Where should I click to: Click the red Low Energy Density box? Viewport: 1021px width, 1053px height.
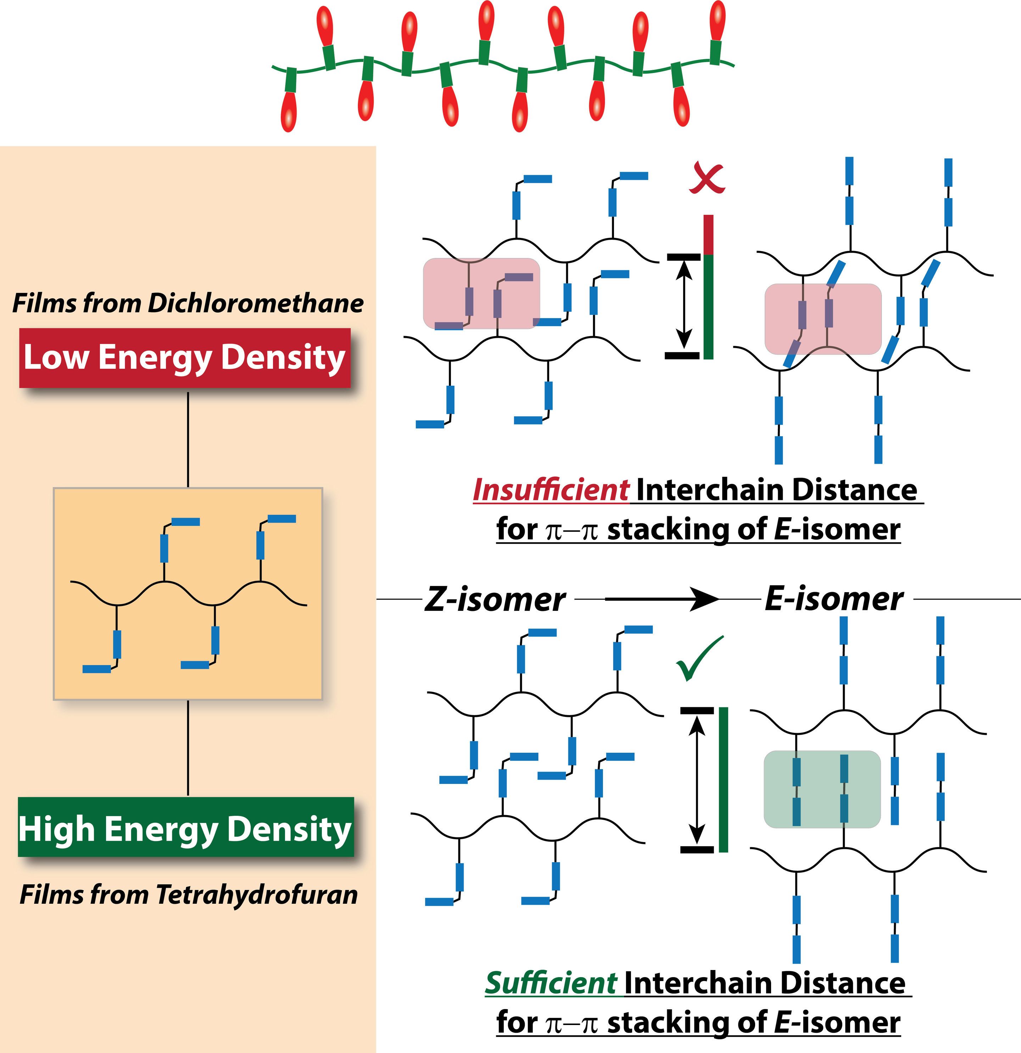pyautogui.click(x=185, y=357)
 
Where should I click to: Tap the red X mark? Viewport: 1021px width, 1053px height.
pyautogui.click(x=707, y=179)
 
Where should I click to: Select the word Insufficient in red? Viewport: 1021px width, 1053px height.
pyautogui.click(x=551, y=490)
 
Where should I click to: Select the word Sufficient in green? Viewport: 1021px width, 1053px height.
pyautogui.click(x=551, y=983)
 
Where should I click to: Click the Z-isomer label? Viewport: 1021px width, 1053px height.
pyautogui.click(x=495, y=600)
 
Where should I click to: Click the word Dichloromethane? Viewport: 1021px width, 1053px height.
pyautogui.click(x=256, y=303)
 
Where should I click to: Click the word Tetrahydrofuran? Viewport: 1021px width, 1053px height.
pyautogui.click(x=257, y=895)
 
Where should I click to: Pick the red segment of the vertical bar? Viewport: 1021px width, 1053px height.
pyautogui.click(x=708, y=234)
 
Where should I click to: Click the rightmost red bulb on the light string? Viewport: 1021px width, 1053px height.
pyautogui.click(x=717, y=21)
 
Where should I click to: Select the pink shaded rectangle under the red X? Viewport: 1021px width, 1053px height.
pyautogui.click(x=481, y=293)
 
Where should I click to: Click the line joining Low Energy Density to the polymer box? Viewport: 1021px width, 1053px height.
pyautogui.click(x=188, y=440)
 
